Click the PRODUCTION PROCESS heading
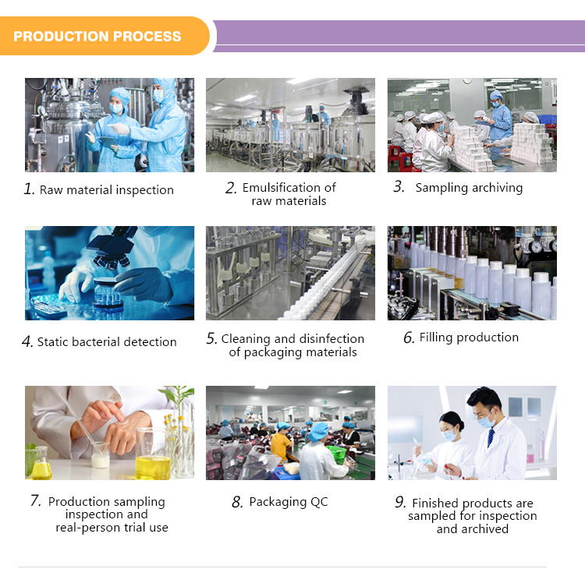(x=97, y=37)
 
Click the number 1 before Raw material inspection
(x=29, y=189)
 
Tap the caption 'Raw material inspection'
(x=107, y=190)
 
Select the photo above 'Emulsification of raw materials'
(x=290, y=125)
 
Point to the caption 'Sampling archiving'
(x=469, y=188)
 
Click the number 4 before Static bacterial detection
(x=27, y=341)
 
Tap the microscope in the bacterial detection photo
(x=109, y=249)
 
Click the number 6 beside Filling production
(x=409, y=338)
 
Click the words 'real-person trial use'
(x=112, y=528)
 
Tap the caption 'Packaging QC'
(x=289, y=503)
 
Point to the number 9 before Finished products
(x=400, y=503)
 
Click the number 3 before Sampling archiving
(x=399, y=187)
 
